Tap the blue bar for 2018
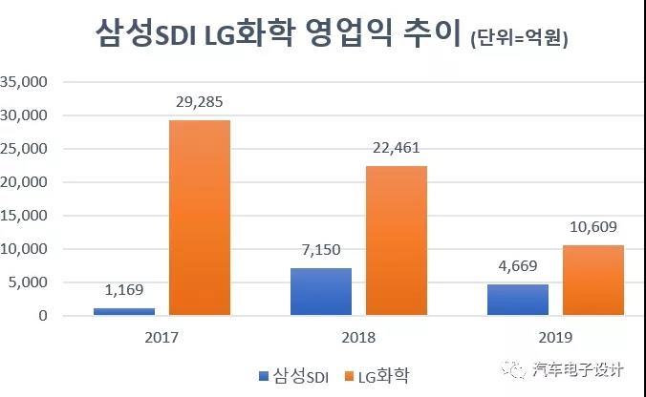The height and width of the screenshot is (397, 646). (x=321, y=291)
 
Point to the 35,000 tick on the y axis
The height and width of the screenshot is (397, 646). (x=26, y=82)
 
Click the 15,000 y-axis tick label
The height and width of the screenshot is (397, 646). (x=26, y=216)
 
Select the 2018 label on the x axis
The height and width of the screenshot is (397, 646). (x=355, y=338)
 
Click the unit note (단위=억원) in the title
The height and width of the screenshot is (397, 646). (x=527, y=39)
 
